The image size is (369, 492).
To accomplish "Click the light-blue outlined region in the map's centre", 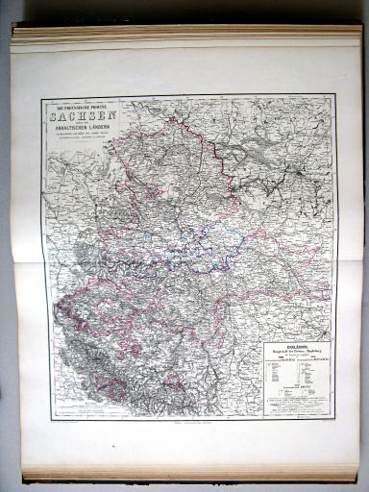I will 192,245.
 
